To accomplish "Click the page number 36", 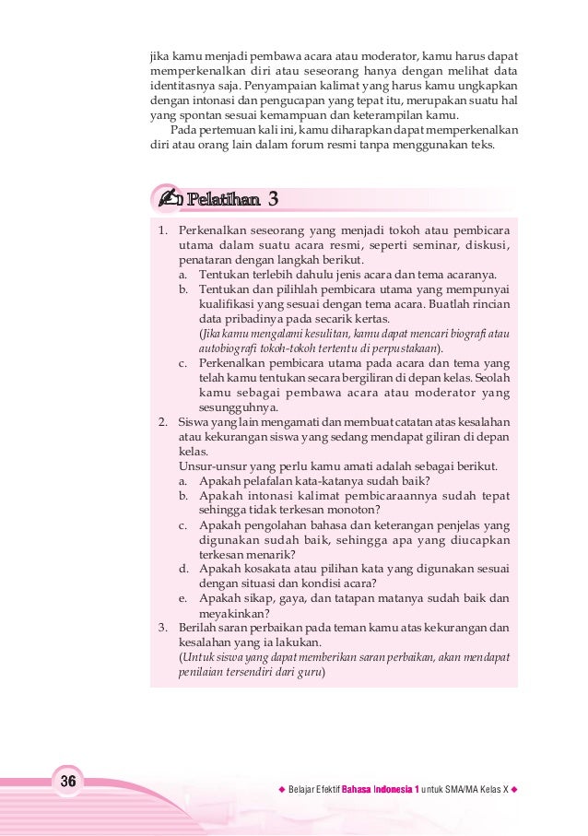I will pyautogui.click(x=67, y=782).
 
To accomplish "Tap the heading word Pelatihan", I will pyautogui.click(x=219, y=200).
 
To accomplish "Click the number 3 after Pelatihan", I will pyautogui.click(x=273, y=200).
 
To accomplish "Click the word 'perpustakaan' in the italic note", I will pyautogui.click(x=407, y=348).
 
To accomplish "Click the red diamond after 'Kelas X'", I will pyautogui.click(x=514, y=791).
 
